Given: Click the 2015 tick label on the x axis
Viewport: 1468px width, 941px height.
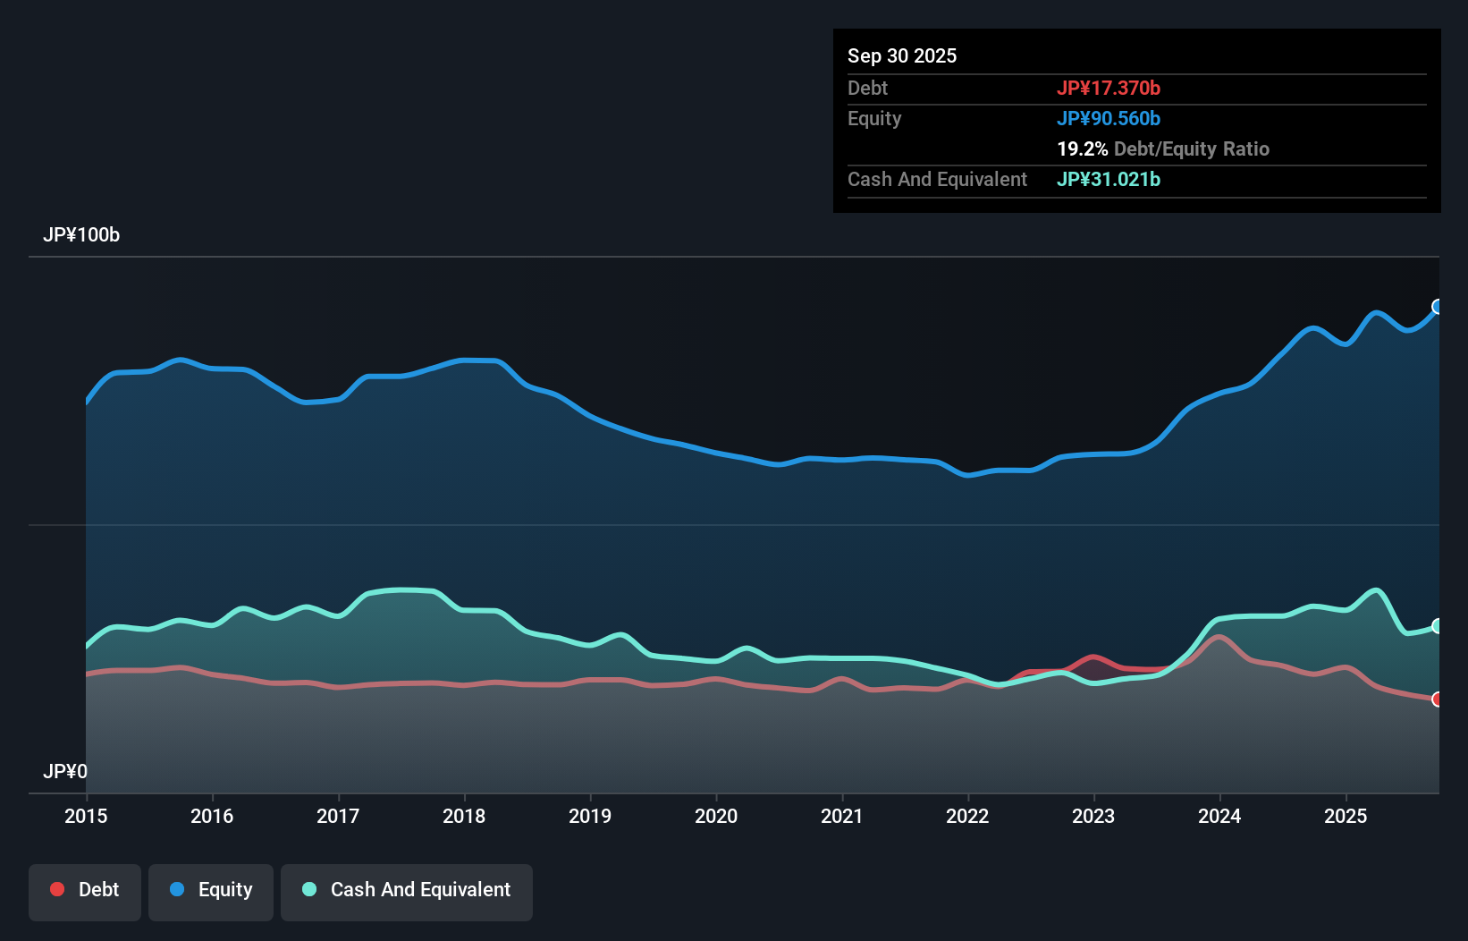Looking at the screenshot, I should click(x=86, y=816).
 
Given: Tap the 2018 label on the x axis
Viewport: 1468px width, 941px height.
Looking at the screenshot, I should click(x=464, y=816).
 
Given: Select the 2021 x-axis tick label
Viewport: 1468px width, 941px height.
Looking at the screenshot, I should click(x=842, y=816).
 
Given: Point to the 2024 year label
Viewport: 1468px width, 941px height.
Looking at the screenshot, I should click(x=1219, y=816).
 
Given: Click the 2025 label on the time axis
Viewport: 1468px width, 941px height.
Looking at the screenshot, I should click(x=1346, y=816).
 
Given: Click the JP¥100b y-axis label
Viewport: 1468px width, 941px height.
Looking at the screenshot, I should click(x=81, y=235).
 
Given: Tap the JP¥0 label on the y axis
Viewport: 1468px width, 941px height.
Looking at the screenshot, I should click(x=65, y=771).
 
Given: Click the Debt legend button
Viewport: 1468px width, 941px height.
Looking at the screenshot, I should click(x=85, y=890).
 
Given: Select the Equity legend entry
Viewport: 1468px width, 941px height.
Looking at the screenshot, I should click(x=211, y=890).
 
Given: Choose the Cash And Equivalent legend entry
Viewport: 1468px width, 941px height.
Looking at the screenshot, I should click(x=407, y=890).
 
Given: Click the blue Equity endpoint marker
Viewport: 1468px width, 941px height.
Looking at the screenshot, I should click(x=1438, y=307).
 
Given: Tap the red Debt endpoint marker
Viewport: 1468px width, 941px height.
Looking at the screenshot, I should click(x=1438, y=699).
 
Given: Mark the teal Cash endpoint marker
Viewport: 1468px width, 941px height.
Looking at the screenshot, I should click(x=1438, y=626).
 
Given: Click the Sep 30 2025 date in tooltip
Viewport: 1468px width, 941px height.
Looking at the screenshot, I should click(x=902, y=55).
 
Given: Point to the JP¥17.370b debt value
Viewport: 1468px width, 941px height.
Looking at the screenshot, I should click(x=1109, y=88).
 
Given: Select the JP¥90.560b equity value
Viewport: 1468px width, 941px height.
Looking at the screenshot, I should click(x=1109, y=118).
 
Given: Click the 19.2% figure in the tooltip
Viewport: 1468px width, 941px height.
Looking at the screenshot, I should click(x=1082, y=148).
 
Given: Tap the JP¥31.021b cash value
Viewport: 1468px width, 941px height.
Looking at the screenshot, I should click(x=1109, y=179).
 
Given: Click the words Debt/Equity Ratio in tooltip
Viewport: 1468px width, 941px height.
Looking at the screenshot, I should click(x=1191, y=148).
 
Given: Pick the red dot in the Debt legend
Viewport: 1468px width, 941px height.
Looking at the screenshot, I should click(x=57, y=889).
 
